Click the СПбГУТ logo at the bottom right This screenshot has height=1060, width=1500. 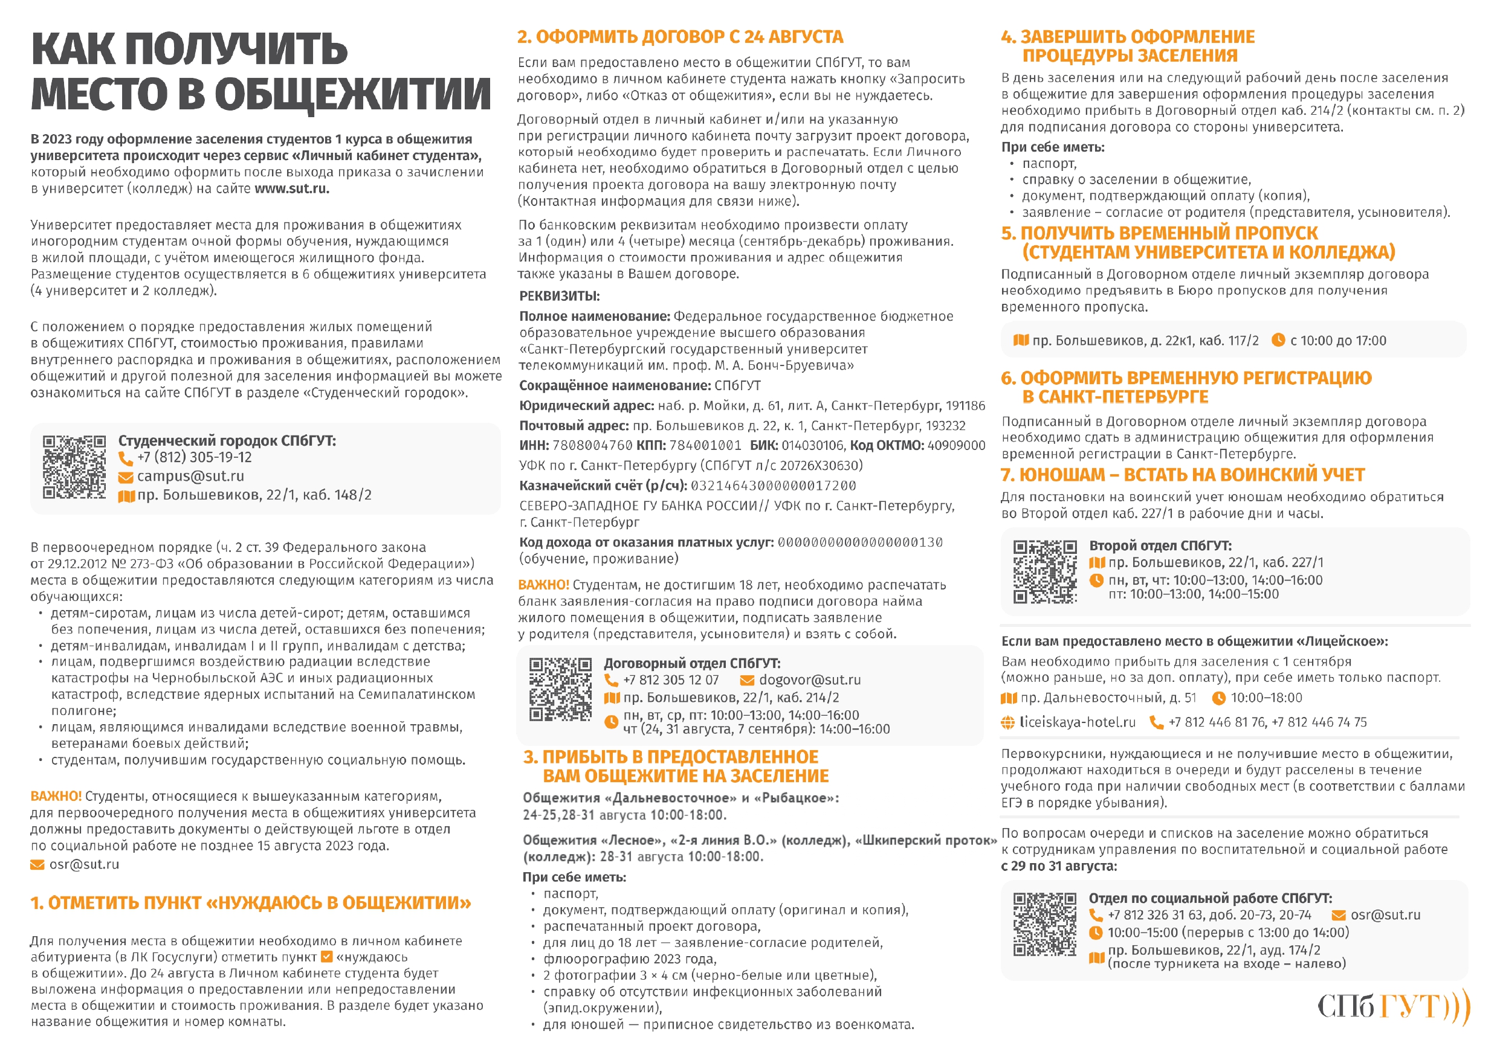coord(1392,1006)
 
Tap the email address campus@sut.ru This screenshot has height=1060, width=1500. coord(190,477)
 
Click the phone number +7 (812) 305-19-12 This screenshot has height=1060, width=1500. coord(194,458)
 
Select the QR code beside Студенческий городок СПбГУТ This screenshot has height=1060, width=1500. coord(74,467)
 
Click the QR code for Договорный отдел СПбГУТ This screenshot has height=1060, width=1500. coord(560,690)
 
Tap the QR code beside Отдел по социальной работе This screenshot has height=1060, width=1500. coord(1044,925)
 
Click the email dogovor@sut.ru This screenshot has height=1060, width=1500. coord(809,681)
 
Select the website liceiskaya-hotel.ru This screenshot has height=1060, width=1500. coord(1078,722)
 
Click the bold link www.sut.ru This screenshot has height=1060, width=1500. coord(291,189)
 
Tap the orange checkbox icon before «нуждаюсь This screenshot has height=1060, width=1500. coord(328,957)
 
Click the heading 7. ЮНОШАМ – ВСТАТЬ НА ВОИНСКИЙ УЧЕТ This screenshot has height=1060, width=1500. coord(1183,475)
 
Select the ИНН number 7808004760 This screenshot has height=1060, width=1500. coord(592,445)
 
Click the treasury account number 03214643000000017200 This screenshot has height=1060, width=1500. coord(773,486)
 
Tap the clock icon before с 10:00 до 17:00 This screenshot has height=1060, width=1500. coord(1278,340)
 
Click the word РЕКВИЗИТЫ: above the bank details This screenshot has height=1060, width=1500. coord(559,296)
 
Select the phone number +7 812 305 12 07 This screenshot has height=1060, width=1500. coord(670,681)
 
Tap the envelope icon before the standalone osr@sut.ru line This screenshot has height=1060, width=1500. coord(37,866)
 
